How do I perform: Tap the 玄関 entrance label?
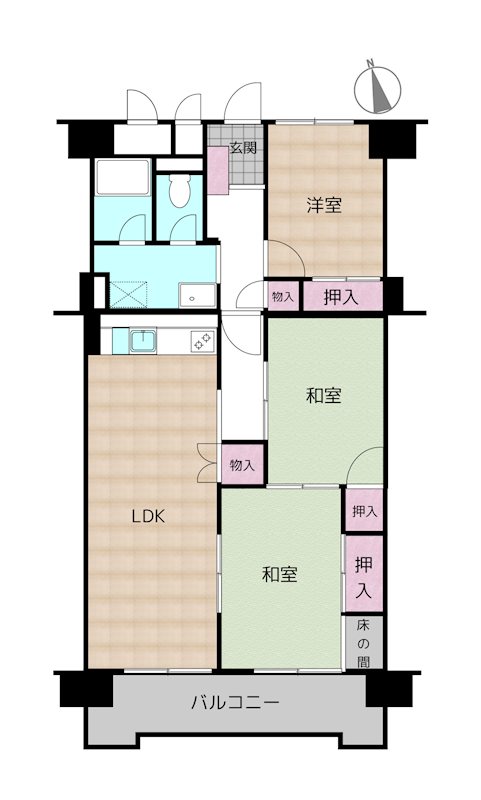pyautogui.click(x=243, y=148)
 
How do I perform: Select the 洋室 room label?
pyautogui.click(x=324, y=205)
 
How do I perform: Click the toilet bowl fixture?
pyautogui.click(x=179, y=190)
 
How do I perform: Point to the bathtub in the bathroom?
pyautogui.click(x=122, y=178)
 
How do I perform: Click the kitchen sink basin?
pyautogui.click(x=143, y=340)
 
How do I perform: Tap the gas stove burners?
pyautogui.click(x=202, y=341)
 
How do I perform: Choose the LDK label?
pyautogui.click(x=148, y=516)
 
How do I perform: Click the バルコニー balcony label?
pyautogui.click(x=235, y=703)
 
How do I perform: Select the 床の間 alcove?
pyautogui.click(x=363, y=642)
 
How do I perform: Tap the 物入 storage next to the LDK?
pyautogui.click(x=242, y=464)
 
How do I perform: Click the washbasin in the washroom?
pyautogui.click(x=197, y=296)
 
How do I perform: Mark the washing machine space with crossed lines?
pyautogui.click(x=128, y=294)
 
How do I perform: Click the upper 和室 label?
pyautogui.click(x=324, y=395)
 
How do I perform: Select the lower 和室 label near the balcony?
pyautogui.click(x=280, y=574)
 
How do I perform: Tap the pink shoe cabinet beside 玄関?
pyautogui.click(x=218, y=170)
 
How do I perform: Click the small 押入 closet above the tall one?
pyautogui.click(x=364, y=510)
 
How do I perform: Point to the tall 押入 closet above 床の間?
pyautogui.click(x=364, y=573)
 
